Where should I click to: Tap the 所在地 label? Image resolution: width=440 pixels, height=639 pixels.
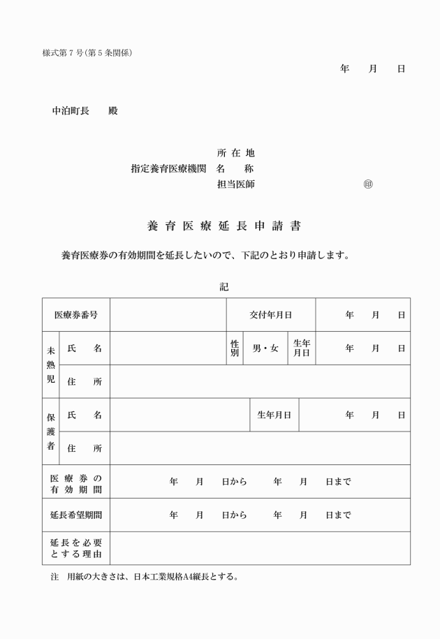pyautogui.click(x=236, y=153)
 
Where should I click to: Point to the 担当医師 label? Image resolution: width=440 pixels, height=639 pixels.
pyautogui.click(x=236, y=184)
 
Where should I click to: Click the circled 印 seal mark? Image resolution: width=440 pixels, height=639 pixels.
pyautogui.click(x=368, y=184)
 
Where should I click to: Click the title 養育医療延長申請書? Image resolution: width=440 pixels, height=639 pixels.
pyautogui.click(x=224, y=226)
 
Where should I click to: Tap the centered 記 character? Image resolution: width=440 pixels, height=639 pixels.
pyautogui.click(x=224, y=286)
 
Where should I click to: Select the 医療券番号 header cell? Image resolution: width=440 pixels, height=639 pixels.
pyautogui.click(x=76, y=315)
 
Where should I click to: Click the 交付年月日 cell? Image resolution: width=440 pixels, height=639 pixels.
pyautogui.click(x=271, y=315)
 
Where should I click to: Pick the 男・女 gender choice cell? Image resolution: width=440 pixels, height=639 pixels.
pyautogui.click(x=265, y=348)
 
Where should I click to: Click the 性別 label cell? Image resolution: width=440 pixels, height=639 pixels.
pyautogui.click(x=235, y=348)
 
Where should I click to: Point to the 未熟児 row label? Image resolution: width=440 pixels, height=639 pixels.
pyautogui.click(x=51, y=365)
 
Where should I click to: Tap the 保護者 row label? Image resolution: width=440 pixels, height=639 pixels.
pyautogui.click(x=51, y=432)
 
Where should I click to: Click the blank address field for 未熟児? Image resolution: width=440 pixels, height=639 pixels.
pyautogui.click(x=260, y=381)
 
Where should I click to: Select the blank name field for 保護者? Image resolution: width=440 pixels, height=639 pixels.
pyautogui.click(x=180, y=415)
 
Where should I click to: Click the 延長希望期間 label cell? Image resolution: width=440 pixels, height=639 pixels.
pyautogui.click(x=76, y=515)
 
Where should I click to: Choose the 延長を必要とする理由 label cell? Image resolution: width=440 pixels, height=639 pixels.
pyautogui.click(x=76, y=548)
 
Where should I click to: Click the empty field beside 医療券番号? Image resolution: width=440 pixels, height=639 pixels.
pyautogui.click(x=168, y=315)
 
